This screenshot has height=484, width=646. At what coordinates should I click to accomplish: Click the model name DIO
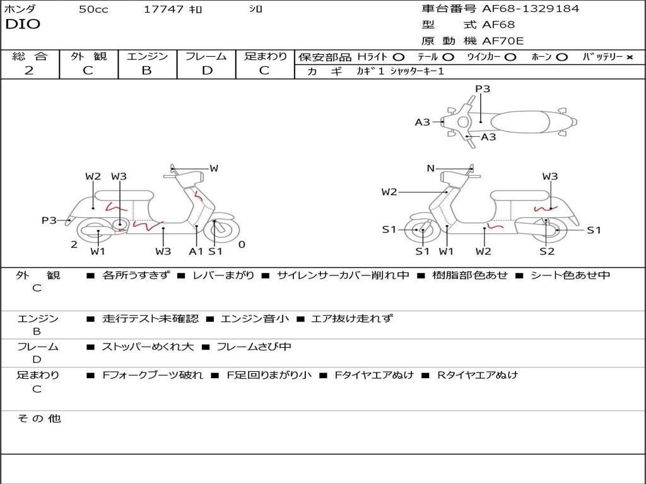coord(23,25)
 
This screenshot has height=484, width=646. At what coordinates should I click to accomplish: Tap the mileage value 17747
coord(163,9)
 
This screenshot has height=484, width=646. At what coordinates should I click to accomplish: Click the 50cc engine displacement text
coord(93,9)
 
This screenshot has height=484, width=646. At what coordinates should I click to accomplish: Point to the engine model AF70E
coord(503,42)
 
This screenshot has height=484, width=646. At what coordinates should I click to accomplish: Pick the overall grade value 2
coord(29,71)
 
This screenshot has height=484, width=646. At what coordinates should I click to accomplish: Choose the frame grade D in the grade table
coord(206,71)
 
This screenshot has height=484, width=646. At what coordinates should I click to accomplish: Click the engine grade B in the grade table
coord(147,71)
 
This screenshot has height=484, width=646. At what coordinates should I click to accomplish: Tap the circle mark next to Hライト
coord(398,57)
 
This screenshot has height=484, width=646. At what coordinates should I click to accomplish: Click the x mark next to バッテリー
coord(629,57)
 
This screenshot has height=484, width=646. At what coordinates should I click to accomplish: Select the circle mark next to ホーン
coord(561,57)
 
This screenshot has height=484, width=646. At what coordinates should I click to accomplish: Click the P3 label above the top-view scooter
coord(483,89)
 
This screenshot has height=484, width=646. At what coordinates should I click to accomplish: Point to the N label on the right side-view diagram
coord(430,168)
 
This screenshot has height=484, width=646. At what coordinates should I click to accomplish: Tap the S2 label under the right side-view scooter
coord(546,251)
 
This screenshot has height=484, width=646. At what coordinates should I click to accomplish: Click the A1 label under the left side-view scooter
coord(196,251)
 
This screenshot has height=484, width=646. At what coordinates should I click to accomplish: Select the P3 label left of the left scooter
coord(49,220)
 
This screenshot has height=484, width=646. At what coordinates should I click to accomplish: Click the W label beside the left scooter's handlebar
coord(214,168)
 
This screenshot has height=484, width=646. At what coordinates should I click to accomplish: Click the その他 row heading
coord(38,418)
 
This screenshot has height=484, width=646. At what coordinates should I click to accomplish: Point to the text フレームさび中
coord(254,347)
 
